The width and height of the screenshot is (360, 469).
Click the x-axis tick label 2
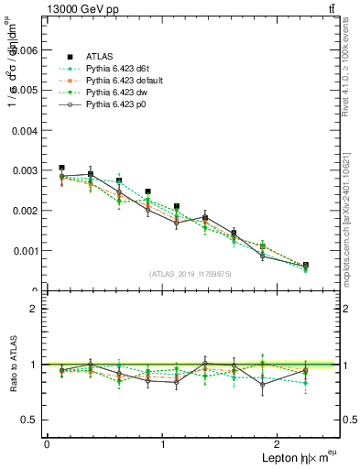(x=280, y=443)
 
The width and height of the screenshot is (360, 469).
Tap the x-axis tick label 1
(x=163, y=443)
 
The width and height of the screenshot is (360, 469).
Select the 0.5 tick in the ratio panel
(x=30, y=420)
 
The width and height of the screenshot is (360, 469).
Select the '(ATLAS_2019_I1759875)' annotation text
(x=191, y=274)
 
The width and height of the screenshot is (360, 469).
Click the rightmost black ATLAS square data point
(x=305, y=266)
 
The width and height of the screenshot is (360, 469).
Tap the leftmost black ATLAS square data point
(x=61, y=169)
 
